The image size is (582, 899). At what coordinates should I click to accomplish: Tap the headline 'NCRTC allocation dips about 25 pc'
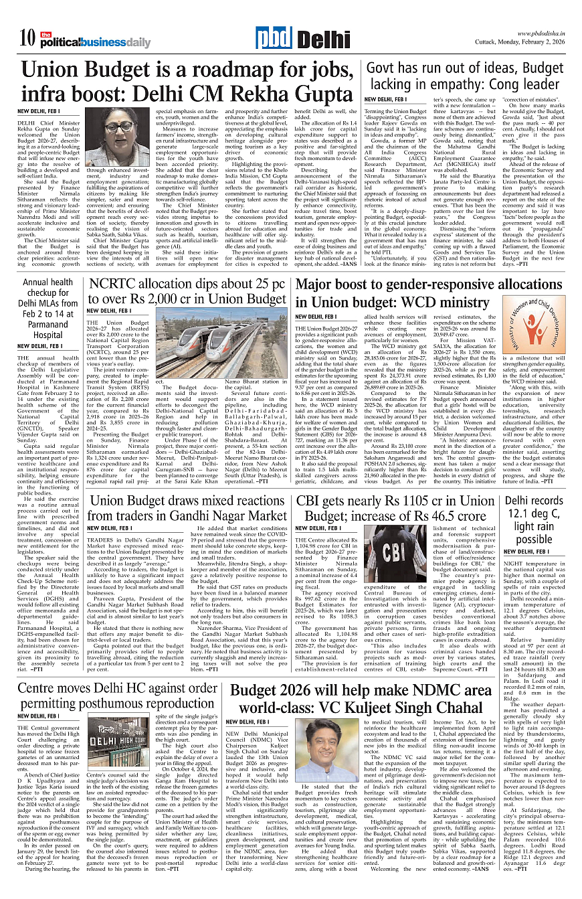(187, 292)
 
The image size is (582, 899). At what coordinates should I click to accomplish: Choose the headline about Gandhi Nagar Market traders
(187, 508)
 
